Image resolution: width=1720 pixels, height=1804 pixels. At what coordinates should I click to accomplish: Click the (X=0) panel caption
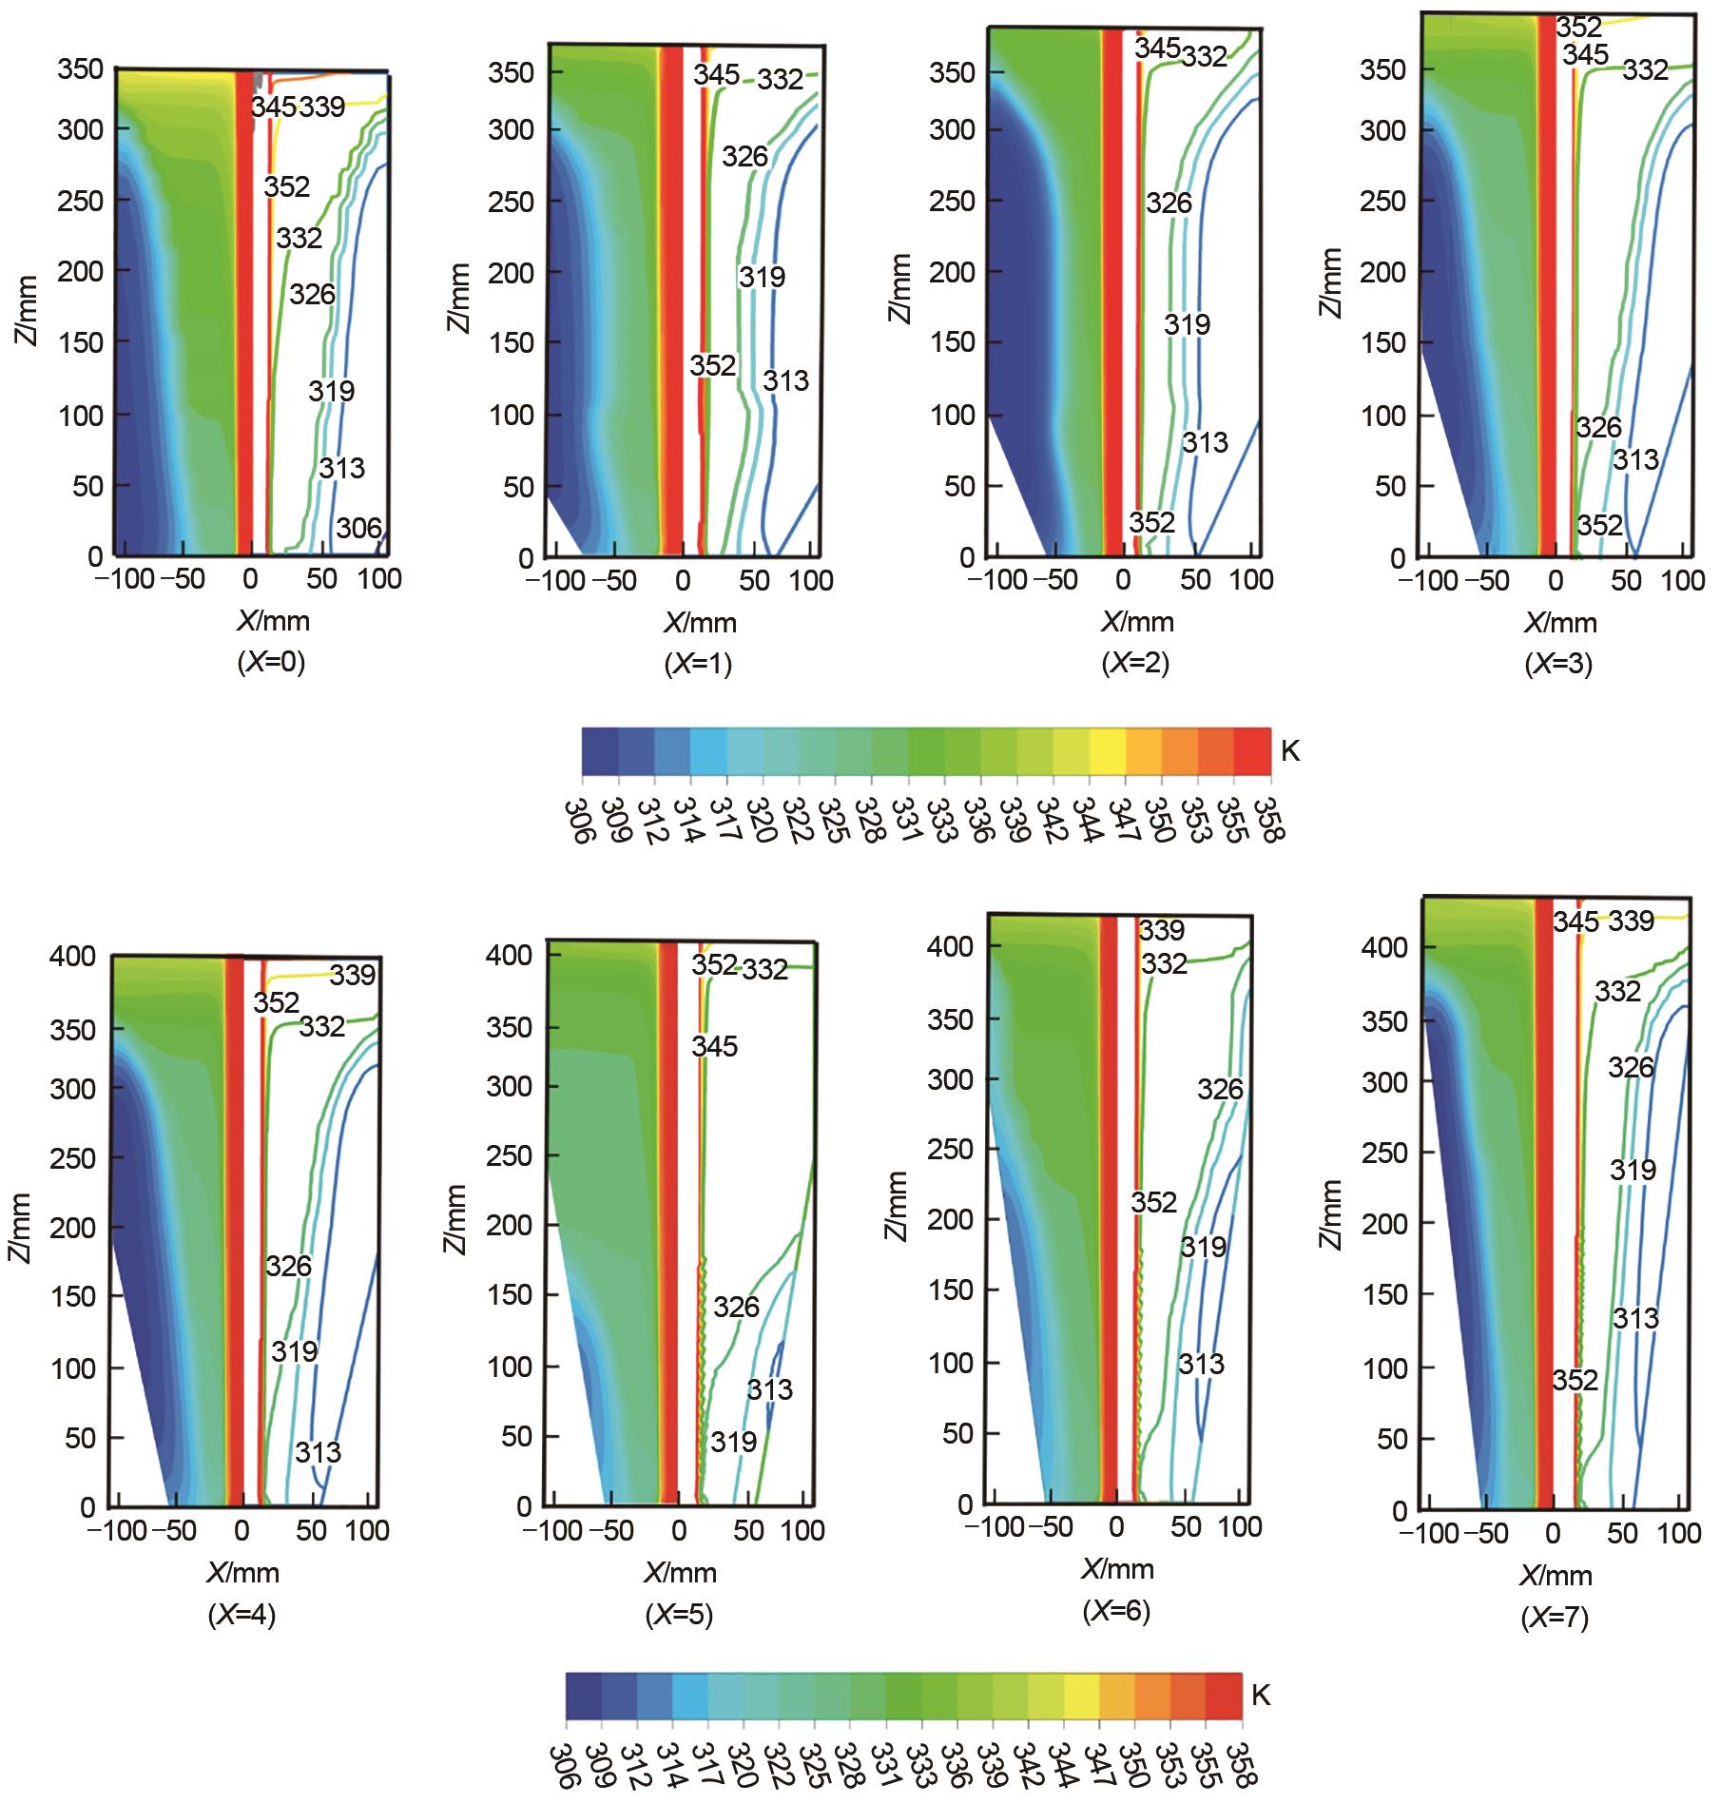click(271, 664)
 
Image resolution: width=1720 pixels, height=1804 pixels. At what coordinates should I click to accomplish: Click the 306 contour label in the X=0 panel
click(359, 528)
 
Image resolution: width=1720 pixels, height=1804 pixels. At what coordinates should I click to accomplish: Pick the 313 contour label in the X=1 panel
click(785, 381)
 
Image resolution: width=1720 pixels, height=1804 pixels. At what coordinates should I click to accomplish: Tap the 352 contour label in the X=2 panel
click(1151, 522)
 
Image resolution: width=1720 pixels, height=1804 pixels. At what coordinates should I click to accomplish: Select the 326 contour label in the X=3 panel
click(1597, 427)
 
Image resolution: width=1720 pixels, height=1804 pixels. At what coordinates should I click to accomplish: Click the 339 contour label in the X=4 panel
click(353, 975)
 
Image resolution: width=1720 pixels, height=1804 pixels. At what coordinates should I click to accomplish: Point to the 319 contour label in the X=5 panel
click(733, 1443)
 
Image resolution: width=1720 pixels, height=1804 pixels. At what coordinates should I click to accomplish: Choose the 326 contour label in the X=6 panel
click(1220, 1089)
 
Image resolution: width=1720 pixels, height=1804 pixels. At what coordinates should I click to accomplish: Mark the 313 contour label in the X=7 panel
click(1634, 1318)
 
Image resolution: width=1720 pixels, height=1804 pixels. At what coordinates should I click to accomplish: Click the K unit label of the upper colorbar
click(1290, 752)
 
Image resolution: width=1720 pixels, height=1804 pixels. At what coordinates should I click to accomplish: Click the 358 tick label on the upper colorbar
click(1269, 820)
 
